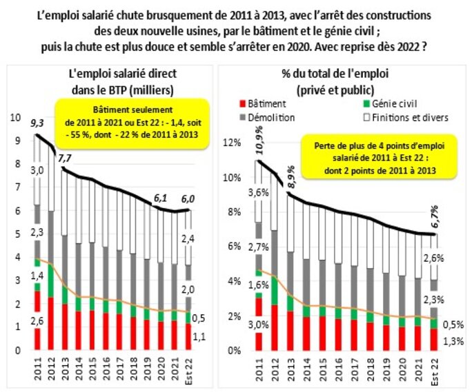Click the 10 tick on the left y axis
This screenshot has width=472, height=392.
[17, 118]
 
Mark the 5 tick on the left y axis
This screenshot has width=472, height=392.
[18, 234]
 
